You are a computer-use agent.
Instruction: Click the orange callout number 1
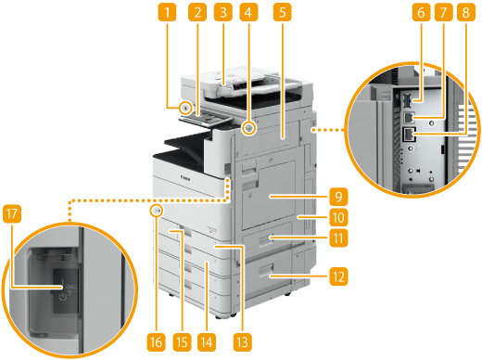pyautogui.click(x=167, y=12)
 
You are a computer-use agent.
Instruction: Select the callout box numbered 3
pyautogui.click(x=223, y=12)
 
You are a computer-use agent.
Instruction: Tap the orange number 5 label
pyautogui.click(x=282, y=12)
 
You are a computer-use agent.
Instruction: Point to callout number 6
pyautogui.click(x=421, y=12)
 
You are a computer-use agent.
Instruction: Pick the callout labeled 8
pyautogui.click(x=466, y=12)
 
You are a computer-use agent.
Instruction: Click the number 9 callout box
pyautogui.click(x=338, y=197)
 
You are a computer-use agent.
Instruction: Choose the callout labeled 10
pyautogui.click(x=338, y=217)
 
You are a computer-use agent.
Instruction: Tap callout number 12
pyautogui.click(x=338, y=276)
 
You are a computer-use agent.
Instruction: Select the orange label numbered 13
pyautogui.click(x=243, y=342)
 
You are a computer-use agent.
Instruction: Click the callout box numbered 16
pyautogui.click(x=156, y=342)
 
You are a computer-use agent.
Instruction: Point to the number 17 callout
pyautogui.click(x=12, y=213)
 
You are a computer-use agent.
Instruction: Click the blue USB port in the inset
pyautogui.click(x=407, y=101)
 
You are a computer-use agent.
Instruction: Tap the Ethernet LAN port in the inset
pyautogui.click(x=410, y=135)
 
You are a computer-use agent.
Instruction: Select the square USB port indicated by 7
pyautogui.click(x=409, y=118)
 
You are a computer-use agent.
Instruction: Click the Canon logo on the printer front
pyautogui.click(x=185, y=178)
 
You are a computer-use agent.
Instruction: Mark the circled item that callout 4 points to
pyautogui.click(x=248, y=128)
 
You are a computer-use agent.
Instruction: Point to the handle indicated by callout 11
pyautogui.click(x=266, y=239)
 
